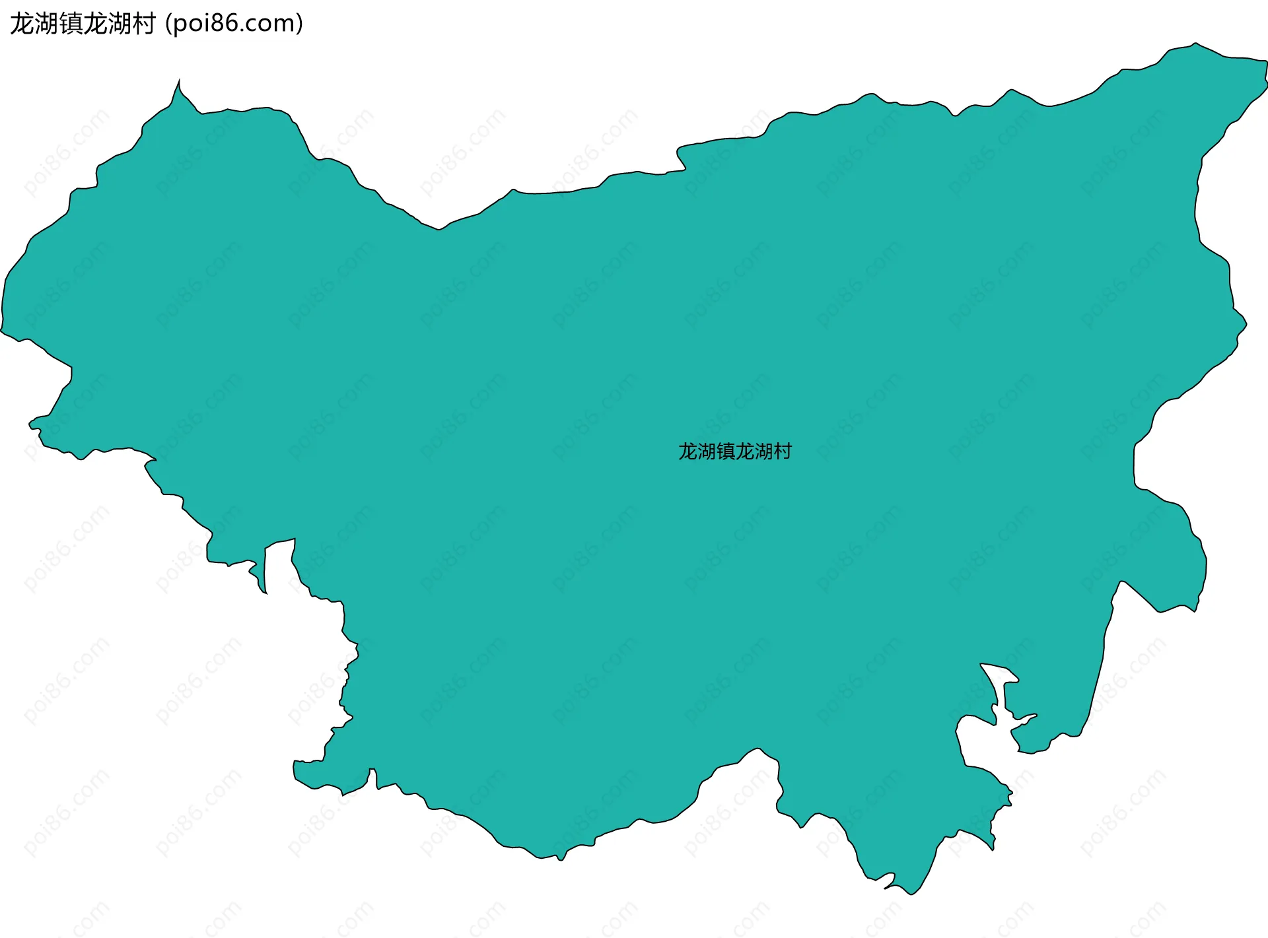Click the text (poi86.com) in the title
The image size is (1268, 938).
[234, 24]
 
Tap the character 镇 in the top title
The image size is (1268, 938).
[71, 24]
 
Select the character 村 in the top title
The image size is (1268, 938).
[145, 24]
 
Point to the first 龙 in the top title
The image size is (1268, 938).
[22, 24]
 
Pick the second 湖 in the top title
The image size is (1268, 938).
[120, 24]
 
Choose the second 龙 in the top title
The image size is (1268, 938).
[96, 24]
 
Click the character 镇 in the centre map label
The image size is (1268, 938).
[726, 452]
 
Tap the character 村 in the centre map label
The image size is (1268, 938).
[783, 452]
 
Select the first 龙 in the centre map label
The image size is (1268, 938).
[688, 452]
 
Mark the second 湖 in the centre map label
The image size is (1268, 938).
[763, 452]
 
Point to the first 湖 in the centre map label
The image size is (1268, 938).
[707, 452]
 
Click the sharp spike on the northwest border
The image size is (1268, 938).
[178, 83]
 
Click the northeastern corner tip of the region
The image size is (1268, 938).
[1265, 61]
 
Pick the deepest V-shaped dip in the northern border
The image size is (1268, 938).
[439, 228]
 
